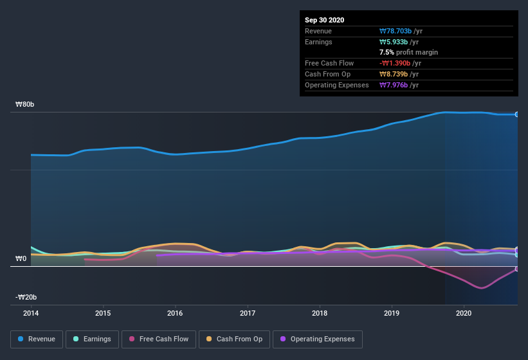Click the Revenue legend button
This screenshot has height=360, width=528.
[37, 339]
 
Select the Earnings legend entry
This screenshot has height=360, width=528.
[92, 339]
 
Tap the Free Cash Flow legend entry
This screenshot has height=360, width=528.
[159, 339]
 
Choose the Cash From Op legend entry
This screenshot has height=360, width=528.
[233, 339]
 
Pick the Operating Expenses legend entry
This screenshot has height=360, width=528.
[318, 339]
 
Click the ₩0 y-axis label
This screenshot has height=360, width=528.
[21, 258]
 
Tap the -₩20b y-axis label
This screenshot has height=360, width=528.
[26, 297]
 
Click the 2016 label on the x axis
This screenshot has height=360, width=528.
[175, 314]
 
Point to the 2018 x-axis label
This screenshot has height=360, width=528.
[320, 314]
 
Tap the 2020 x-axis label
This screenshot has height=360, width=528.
[464, 314]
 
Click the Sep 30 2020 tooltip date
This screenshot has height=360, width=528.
[325, 20]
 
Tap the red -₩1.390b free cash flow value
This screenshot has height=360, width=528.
[400, 63]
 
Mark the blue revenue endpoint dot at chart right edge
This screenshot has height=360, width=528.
[517, 114]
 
